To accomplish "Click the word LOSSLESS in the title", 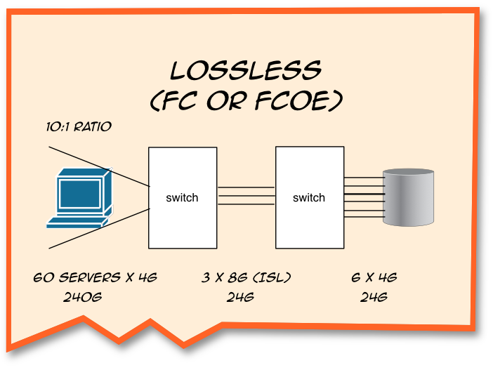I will (246, 70).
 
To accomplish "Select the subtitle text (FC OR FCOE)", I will (246, 100).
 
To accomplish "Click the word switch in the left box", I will (182, 197).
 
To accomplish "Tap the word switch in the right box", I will (309, 197).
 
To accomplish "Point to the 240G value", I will (82, 296).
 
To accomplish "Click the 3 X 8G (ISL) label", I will (246, 277).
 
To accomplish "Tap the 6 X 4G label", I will (375, 277).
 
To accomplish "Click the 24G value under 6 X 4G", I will (374, 296).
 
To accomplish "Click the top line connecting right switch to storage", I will (363, 178).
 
